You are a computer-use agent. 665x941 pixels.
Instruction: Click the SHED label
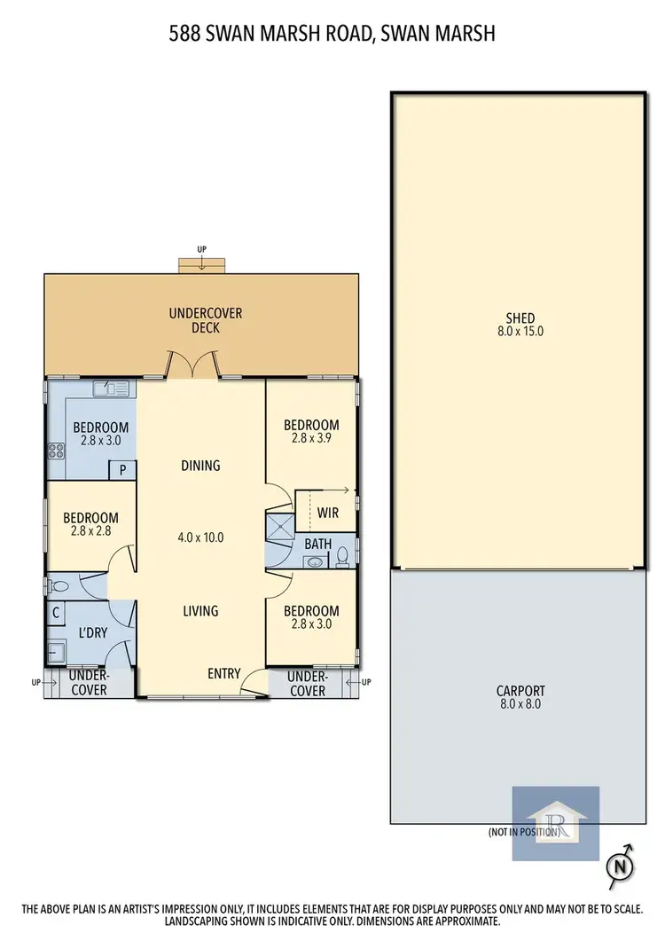(x=520, y=319)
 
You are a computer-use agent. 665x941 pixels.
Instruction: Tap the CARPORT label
(x=520, y=691)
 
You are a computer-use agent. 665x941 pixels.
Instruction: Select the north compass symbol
(x=622, y=863)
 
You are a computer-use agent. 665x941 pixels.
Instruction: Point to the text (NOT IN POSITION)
(x=523, y=833)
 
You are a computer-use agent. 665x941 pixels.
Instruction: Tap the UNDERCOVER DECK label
(x=206, y=320)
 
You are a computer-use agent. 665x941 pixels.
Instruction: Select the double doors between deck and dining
(x=194, y=365)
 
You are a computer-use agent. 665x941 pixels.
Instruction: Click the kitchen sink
(x=111, y=388)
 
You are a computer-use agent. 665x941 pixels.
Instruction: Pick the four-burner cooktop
(x=56, y=450)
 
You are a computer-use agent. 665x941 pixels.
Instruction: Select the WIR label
(x=327, y=513)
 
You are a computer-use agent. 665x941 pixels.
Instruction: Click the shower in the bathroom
(x=279, y=527)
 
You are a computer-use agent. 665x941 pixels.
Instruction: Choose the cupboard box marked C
(x=56, y=612)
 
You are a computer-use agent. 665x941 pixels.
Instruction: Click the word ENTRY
(x=223, y=673)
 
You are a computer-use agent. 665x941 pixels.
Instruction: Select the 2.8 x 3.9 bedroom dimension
(x=311, y=438)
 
